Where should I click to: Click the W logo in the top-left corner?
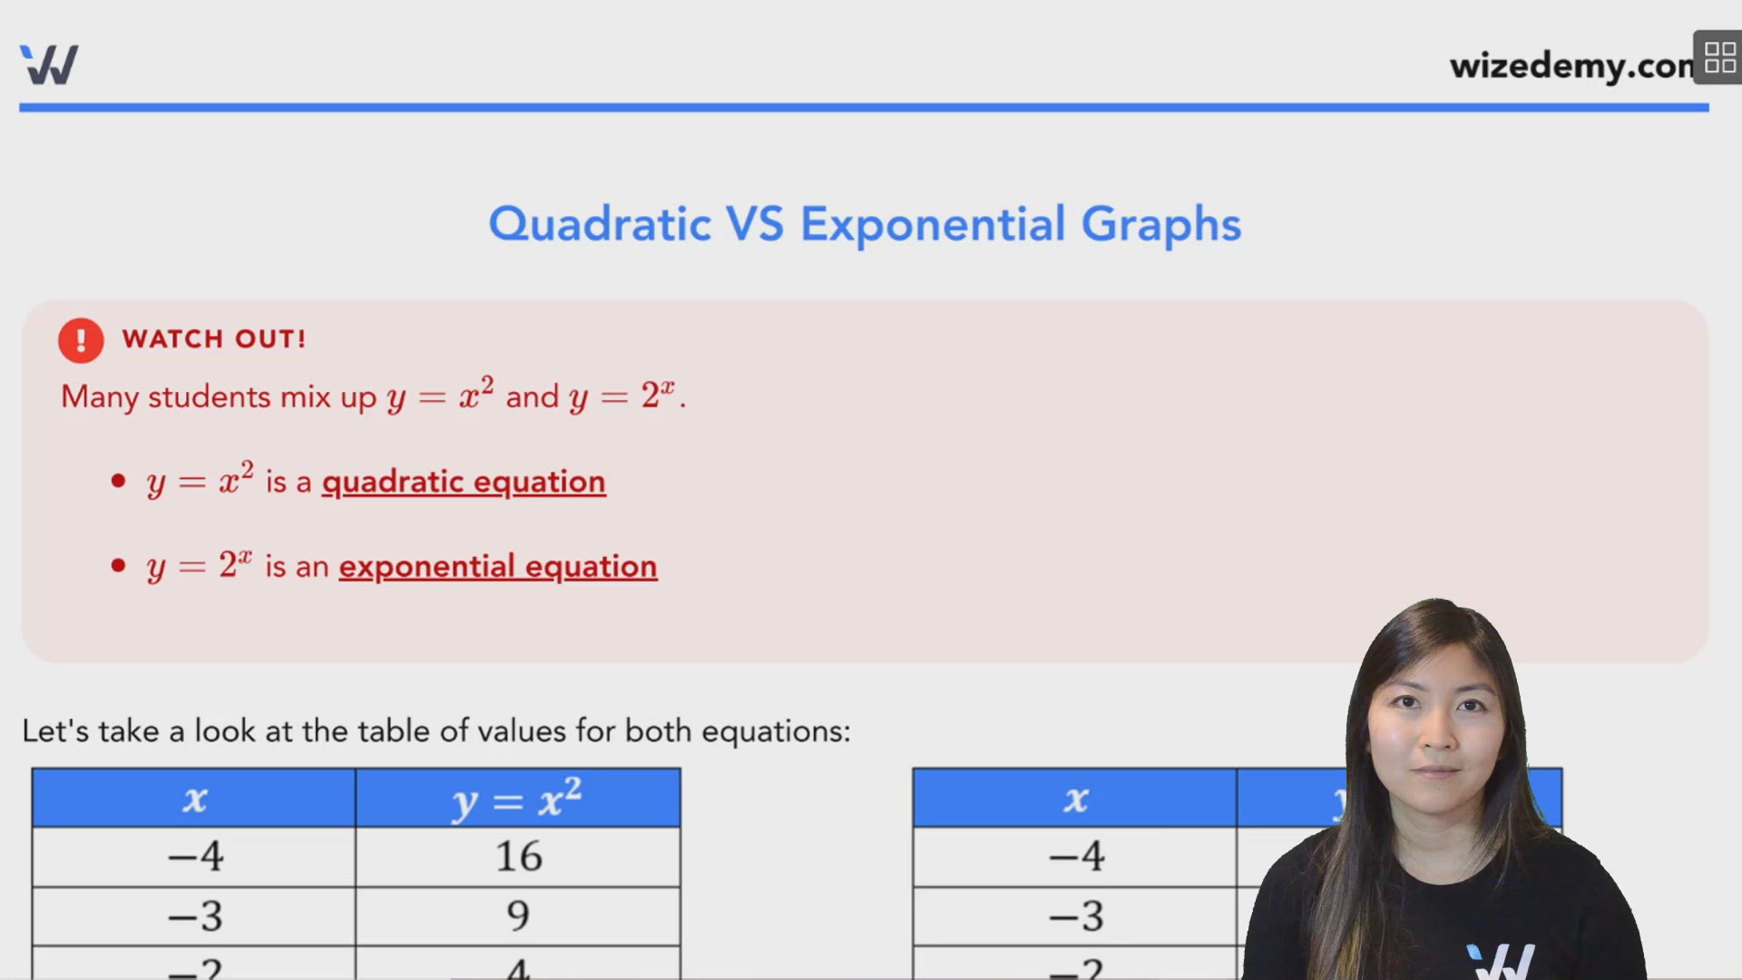[x=49, y=64]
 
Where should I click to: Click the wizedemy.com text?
[x=1570, y=66]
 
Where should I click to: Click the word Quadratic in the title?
[x=600, y=224]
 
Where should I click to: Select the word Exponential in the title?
[x=932, y=224]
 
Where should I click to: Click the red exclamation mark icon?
[x=81, y=340]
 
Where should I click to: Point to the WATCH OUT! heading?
[x=214, y=339]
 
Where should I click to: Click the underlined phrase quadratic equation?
[x=464, y=482]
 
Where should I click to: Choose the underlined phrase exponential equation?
[x=497, y=567]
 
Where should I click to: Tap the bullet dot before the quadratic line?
[x=118, y=481]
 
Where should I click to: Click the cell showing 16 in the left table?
[x=518, y=857]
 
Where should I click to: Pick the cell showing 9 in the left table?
[x=518, y=916]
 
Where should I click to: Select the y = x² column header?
[x=517, y=799]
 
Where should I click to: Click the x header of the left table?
[x=194, y=799]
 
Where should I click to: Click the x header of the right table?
[x=1075, y=799]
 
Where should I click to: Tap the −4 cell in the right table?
[x=1075, y=857]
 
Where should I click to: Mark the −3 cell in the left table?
[x=194, y=916]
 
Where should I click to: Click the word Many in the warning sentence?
[x=100, y=397]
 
